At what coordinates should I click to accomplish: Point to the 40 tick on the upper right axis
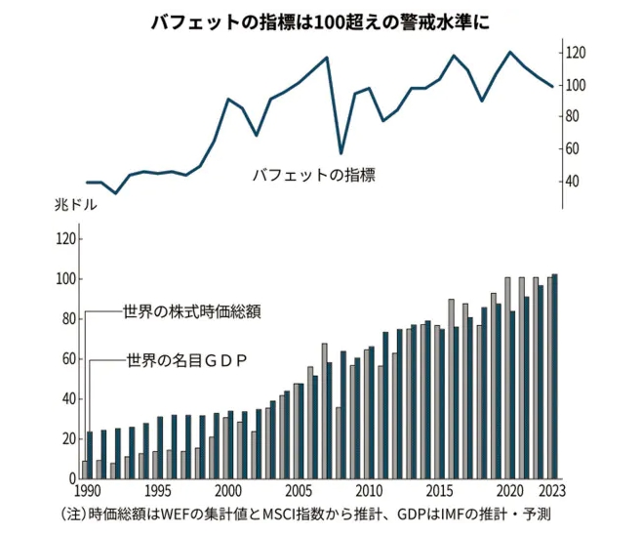[x=573, y=182]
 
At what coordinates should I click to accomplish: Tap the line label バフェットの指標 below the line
[x=313, y=177]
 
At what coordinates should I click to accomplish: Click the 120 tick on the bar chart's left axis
[x=65, y=239]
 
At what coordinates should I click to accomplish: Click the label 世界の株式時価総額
[x=192, y=312]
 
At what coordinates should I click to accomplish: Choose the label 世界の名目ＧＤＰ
[x=186, y=360]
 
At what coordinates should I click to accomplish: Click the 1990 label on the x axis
[x=88, y=491]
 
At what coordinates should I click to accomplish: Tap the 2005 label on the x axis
[x=298, y=491]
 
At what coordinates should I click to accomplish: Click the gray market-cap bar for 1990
[x=85, y=470]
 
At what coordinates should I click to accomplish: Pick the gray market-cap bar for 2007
[x=324, y=411]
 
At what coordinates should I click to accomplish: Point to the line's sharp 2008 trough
[x=341, y=153]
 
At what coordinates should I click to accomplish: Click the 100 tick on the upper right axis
[x=576, y=85]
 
